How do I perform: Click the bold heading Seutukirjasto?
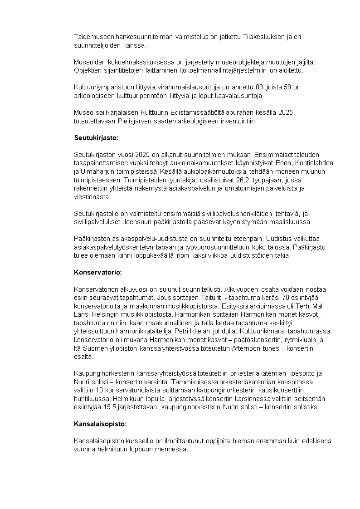(x=96, y=137)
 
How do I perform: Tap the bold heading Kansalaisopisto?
(x=100, y=424)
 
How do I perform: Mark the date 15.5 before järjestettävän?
(x=109, y=407)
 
